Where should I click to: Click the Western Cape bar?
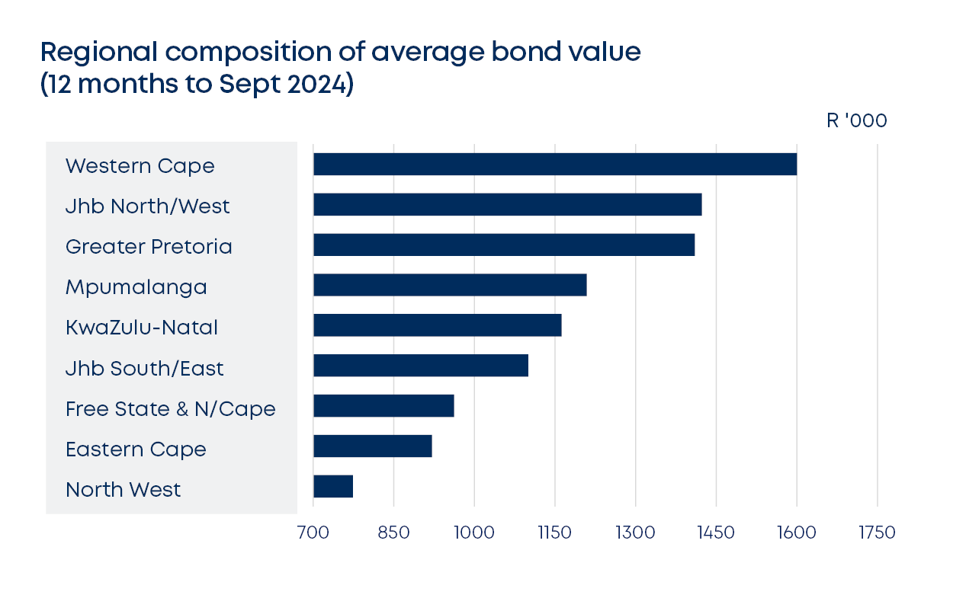(x=554, y=165)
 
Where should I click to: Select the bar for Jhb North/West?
(x=507, y=205)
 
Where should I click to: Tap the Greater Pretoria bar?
(x=504, y=245)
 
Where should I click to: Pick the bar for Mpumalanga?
(x=450, y=285)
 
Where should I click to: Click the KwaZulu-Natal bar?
(x=437, y=325)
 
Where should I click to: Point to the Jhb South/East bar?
(x=421, y=366)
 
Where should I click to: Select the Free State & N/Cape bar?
(x=383, y=406)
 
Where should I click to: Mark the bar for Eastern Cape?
(x=373, y=446)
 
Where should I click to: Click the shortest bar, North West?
(x=333, y=486)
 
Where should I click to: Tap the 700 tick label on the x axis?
(x=313, y=533)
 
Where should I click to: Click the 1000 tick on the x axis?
(x=474, y=533)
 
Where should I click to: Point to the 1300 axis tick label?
(x=635, y=533)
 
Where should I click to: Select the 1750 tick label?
(x=877, y=533)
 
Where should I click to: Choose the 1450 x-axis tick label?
(x=716, y=533)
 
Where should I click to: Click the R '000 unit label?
(x=856, y=121)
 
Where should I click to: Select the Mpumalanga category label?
(x=136, y=288)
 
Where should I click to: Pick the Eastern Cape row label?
(x=136, y=449)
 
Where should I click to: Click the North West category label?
(x=124, y=489)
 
